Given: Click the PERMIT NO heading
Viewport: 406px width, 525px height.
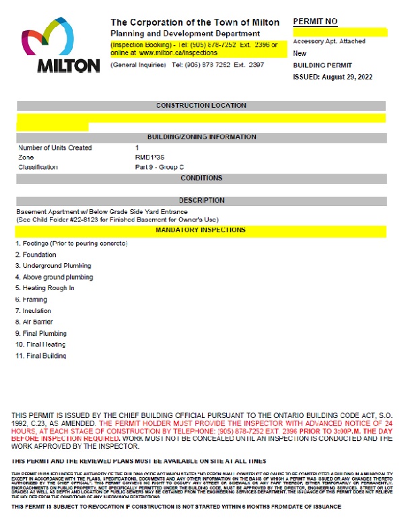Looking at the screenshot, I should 314,22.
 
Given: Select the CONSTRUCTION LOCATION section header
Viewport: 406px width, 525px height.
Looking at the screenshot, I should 201,106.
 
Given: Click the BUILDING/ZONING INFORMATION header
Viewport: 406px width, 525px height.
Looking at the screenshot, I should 201,137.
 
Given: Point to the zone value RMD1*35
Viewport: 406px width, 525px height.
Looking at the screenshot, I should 149,157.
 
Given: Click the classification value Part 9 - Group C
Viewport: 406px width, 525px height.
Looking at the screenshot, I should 159,166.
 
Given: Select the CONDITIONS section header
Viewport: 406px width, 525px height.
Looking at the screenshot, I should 201,178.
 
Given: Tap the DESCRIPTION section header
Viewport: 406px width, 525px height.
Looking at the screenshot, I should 201,200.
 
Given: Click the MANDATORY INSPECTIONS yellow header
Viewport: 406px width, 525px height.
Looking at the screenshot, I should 201,230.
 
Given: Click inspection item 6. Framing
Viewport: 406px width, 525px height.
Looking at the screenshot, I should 33,300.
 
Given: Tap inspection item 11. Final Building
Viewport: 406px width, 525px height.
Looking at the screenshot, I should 40,355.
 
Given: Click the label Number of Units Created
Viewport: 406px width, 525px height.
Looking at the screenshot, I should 55,147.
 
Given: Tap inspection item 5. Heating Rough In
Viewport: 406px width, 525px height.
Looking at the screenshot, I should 44,288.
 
